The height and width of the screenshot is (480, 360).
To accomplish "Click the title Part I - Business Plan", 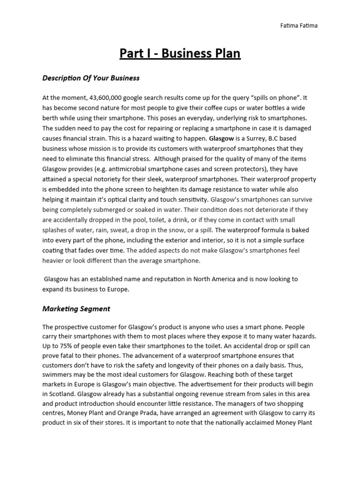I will (180, 54).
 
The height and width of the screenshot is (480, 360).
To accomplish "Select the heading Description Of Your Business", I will (91, 78).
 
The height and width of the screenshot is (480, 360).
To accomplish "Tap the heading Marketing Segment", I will (76, 308).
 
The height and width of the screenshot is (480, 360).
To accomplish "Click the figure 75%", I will (64, 347).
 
